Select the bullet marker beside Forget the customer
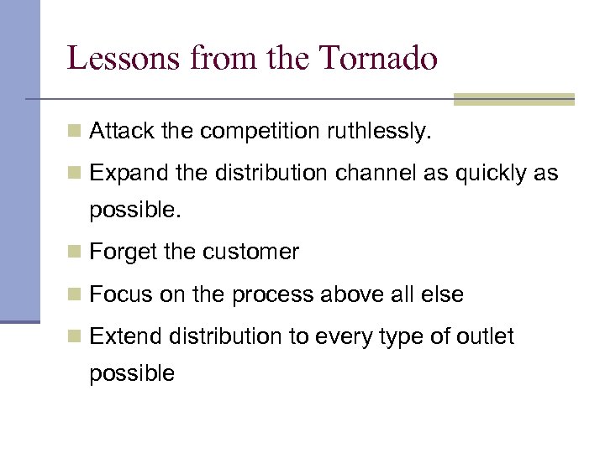[75, 253]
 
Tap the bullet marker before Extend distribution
[75, 337]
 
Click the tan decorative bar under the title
[513, 100]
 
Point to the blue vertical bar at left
[19, 159]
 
